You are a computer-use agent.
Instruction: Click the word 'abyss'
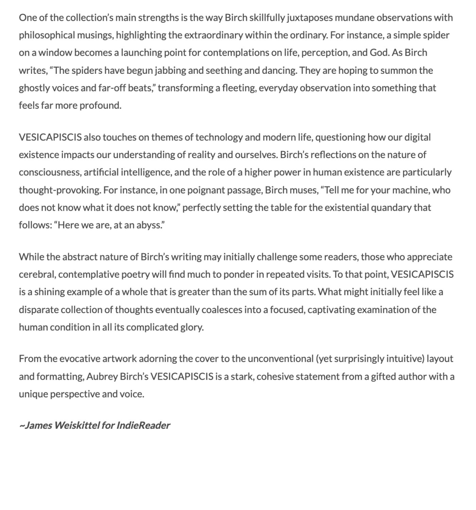pos(151,225)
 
